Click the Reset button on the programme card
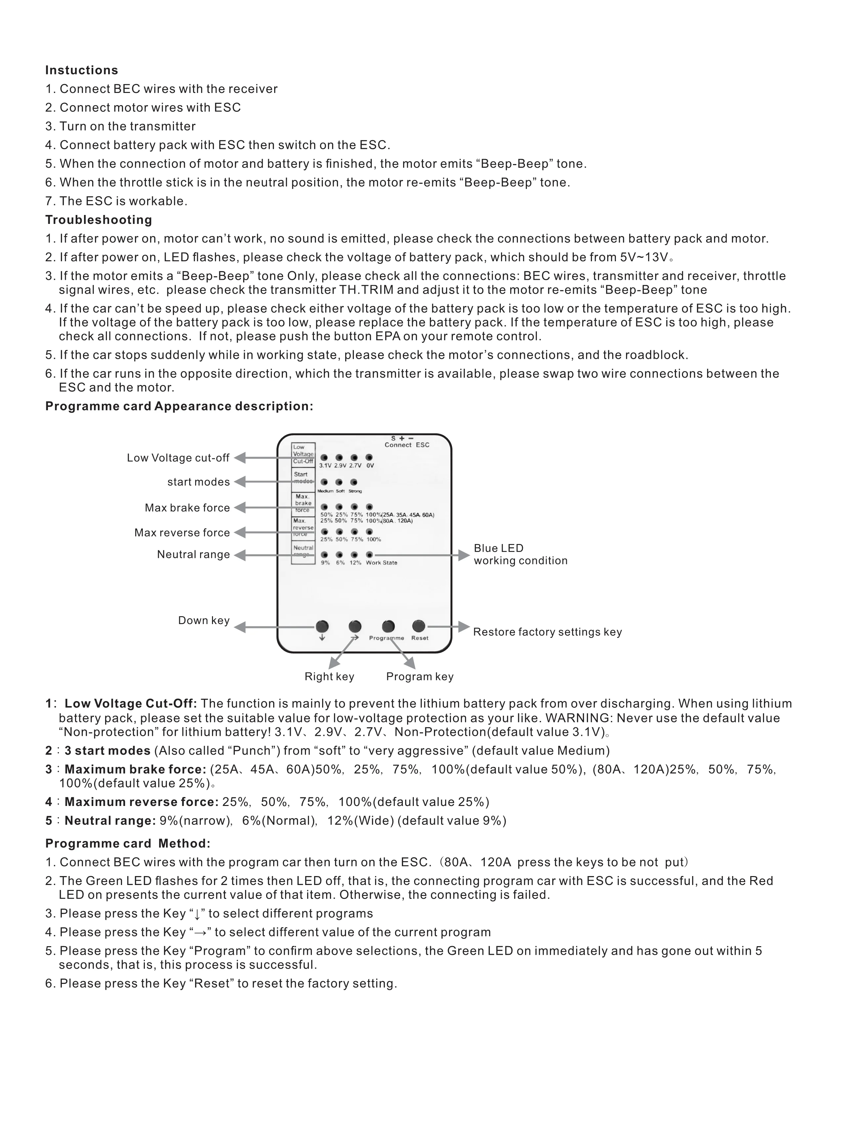(x=418, y=626)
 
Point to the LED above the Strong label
(x=354, y=482)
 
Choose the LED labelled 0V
(x=369, y=458)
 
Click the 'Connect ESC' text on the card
(x=407, y=445)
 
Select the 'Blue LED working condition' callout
(x=520, y=554)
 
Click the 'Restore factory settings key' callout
(x=547, y=632)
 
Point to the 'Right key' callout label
(x=329, y=677)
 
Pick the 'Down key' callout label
(x=204, y=620)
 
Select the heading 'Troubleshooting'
(x=99, y=220)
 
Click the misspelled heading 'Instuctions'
(x=82, y=70)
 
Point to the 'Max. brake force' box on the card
(x=303, y=503)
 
